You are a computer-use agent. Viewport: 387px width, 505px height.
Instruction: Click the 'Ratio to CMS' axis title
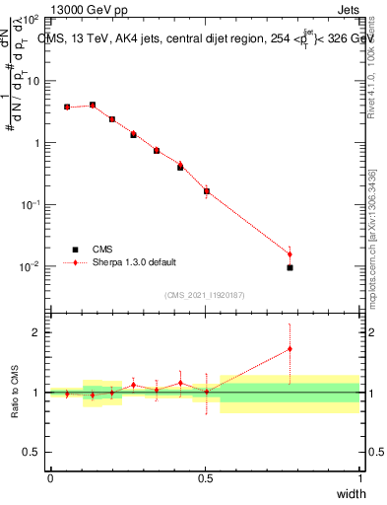click(16, 392)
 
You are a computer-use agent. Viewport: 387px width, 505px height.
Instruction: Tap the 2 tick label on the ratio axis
click(36, 332)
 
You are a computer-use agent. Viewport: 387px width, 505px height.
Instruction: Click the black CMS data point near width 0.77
click(290, 267)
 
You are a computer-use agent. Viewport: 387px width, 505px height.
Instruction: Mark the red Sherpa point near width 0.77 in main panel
click(290, 254)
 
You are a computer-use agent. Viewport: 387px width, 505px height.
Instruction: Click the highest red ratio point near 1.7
click(290, 348)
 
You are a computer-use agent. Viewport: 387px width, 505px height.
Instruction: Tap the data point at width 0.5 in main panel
click(206, 191)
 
